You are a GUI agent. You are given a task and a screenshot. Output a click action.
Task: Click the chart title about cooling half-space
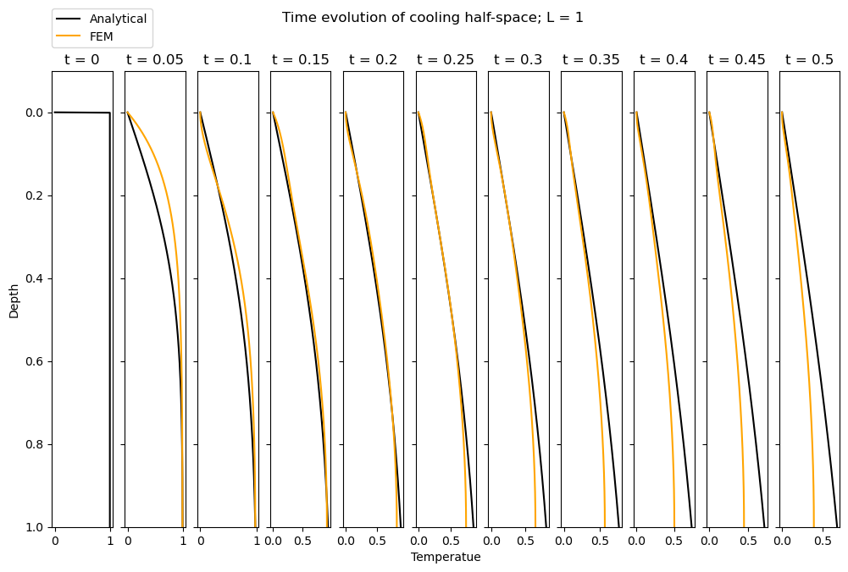(432, 18)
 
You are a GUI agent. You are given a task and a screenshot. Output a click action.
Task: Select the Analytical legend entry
(118, 19)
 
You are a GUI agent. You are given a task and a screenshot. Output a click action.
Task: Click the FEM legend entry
(101, 36)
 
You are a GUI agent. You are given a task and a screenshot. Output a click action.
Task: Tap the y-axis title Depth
(14, 300)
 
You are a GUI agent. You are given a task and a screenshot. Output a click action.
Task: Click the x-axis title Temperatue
(446, 557)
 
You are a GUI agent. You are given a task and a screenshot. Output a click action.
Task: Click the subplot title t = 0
(82, 60)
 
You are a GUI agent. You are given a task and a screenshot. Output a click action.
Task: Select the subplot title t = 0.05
(155, 60)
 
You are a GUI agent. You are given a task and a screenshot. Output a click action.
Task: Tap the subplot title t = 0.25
(446, 60)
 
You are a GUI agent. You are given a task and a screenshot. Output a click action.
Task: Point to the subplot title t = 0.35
(591, 60)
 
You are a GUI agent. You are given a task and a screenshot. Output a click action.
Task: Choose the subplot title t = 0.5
(809, 60)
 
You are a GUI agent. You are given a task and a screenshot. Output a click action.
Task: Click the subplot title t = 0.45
(737, 60)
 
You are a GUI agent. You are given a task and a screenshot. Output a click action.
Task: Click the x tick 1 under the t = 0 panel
(110, 540)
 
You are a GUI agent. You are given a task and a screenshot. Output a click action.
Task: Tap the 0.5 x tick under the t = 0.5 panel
(822, 540)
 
